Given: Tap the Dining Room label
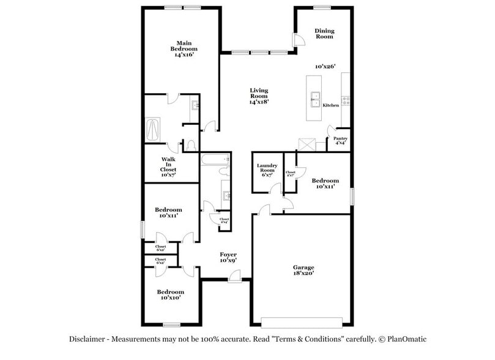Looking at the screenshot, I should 324,34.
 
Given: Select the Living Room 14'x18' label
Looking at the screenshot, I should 259,97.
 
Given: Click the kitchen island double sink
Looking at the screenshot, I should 316,99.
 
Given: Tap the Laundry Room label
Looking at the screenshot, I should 267,170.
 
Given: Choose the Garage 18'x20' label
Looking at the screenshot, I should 303,271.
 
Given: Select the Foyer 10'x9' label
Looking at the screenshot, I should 228,257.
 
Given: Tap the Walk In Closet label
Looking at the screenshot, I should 168,165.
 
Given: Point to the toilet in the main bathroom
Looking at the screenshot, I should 190,144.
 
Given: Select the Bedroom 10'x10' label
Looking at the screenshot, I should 169,295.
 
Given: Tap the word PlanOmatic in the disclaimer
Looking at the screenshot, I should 403,339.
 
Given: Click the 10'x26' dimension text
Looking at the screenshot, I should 326,66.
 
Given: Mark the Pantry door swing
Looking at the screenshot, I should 331,130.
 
